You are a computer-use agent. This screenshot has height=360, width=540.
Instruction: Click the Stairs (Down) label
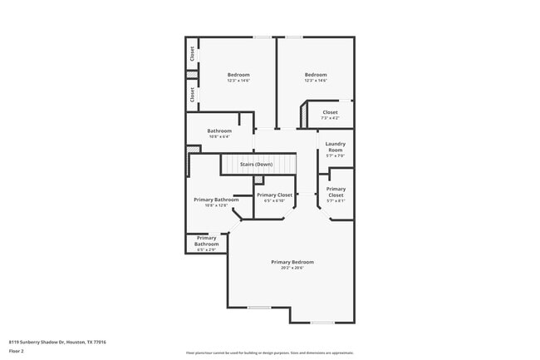coord(256,165)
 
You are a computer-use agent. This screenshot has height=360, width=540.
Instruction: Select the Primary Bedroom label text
coord(292,262)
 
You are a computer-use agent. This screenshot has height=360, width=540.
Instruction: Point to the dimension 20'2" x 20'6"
coord(292,269)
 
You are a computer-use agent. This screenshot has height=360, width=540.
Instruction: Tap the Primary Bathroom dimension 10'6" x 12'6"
coord(216,205)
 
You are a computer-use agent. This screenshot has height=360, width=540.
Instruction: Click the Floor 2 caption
coord(17,351)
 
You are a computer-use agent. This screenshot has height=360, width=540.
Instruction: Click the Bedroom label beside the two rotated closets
coord(238,75)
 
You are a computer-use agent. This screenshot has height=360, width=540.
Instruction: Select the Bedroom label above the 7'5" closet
coord(315,75)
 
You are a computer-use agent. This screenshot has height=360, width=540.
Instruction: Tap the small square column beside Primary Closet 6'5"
coord(259,180)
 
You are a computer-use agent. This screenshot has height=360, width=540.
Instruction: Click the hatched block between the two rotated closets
coord(192,75)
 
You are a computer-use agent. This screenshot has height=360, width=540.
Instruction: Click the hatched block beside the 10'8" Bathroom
coord(193,150)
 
